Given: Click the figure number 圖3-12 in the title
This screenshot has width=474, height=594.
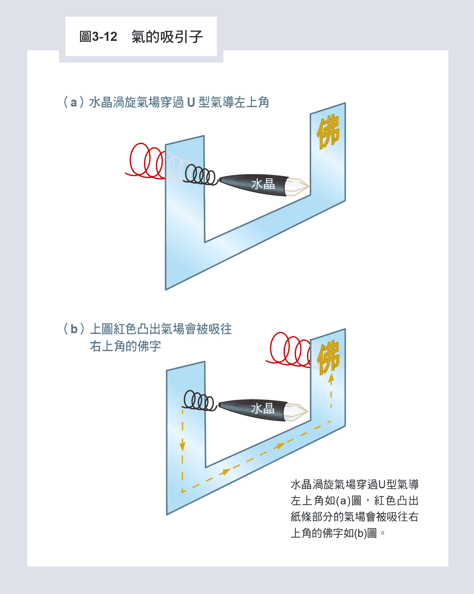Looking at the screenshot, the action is click(x=98, y=37).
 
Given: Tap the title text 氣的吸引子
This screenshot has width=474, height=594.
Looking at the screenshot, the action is click(x=167, y=37).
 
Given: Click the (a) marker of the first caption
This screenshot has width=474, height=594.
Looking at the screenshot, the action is click(x=74, y=102).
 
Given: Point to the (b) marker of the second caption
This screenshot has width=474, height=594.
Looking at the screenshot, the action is click(x=74, y=329).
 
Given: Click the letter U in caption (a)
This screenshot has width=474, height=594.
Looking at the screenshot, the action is click(x=191, y=102).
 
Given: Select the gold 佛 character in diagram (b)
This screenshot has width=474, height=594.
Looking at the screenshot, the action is click(x=329, y=358).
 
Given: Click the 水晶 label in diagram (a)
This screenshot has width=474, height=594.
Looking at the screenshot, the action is click(x=263, y=184).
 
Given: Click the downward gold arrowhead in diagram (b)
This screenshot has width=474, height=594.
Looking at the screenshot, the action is click(x=182, y=447).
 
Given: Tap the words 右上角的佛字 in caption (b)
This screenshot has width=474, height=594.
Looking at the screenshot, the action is click(x=126, y=346).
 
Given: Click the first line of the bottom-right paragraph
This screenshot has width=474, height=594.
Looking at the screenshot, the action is click(x=355, y=484).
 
